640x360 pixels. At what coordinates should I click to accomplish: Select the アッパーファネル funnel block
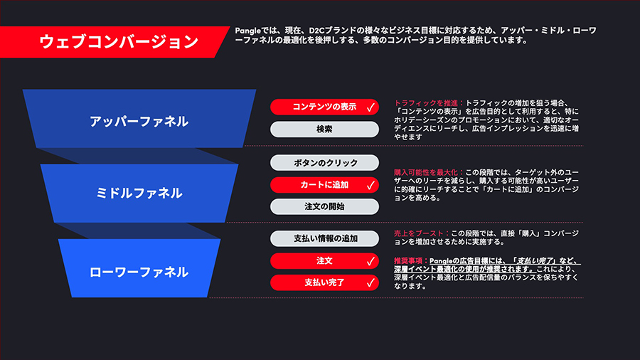(139, 119)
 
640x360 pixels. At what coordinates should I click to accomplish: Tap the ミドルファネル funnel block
(139, 193)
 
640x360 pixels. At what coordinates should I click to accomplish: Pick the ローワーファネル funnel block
(139, 268)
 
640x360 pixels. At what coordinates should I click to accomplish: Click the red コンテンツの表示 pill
(324, 107)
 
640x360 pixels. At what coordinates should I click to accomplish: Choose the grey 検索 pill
(324, 129)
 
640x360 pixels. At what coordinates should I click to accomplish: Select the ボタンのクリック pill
(324, 162)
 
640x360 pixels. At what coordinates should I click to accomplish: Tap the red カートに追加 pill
(324, 185)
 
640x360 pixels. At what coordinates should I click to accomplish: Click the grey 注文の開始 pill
(324, 206)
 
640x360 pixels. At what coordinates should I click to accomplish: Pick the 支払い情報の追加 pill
(324, 238)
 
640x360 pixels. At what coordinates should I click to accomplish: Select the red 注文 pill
(324, 261)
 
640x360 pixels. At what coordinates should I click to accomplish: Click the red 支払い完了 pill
(324, 282)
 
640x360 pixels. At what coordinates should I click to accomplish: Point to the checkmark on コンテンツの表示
(370, 107)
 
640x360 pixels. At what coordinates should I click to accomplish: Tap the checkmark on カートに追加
(370, 185)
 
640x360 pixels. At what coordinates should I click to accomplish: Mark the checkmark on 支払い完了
(370, 282)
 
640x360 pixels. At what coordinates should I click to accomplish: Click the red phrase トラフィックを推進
(426, 103)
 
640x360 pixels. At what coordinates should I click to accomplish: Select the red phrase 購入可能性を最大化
(426, 172)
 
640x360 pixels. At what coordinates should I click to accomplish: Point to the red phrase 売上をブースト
(419, 233)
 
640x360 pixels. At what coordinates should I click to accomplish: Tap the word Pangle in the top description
(247, 31)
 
